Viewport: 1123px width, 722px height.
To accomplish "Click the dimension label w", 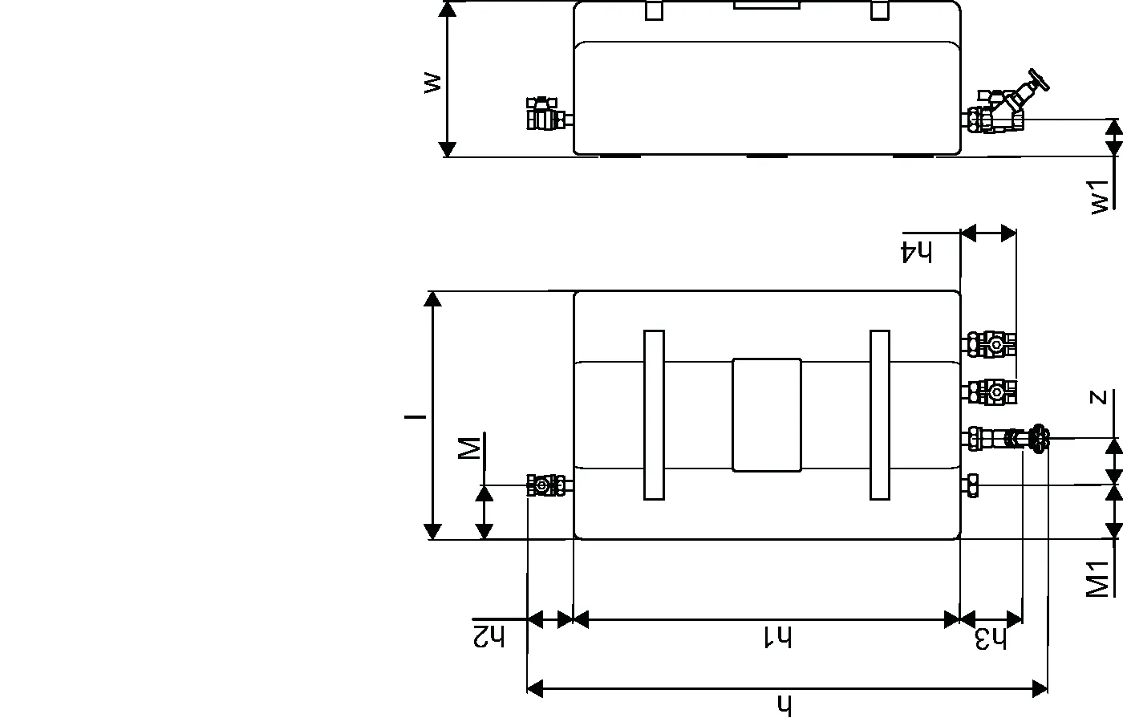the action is click(x=432, y=83).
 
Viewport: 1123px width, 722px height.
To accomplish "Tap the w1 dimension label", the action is click(x=1100, y=197).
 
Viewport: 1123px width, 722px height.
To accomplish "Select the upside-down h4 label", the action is click(x=916, y=253).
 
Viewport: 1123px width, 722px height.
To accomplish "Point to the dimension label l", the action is click(x=416, y=416).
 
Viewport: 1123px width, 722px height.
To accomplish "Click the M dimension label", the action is click(x=469, y=448).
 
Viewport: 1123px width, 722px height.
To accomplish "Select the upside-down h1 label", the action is click(x=777, y=637).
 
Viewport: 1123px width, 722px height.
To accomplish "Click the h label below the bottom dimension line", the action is click(x=784, y=705).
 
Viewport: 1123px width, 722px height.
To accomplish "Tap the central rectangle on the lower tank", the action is click(x=767, y=416).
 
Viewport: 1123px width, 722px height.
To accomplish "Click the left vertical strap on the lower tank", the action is click(x=655, y=416).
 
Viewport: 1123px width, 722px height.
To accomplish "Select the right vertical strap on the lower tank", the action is click(x=880, y=416).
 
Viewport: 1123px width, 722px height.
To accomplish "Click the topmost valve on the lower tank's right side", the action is click(x=989, y=344).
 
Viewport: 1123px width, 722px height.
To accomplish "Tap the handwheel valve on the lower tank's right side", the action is click(x=1005, y=439).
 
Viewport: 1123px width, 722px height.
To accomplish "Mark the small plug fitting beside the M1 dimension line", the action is click(x=971, y=485).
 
